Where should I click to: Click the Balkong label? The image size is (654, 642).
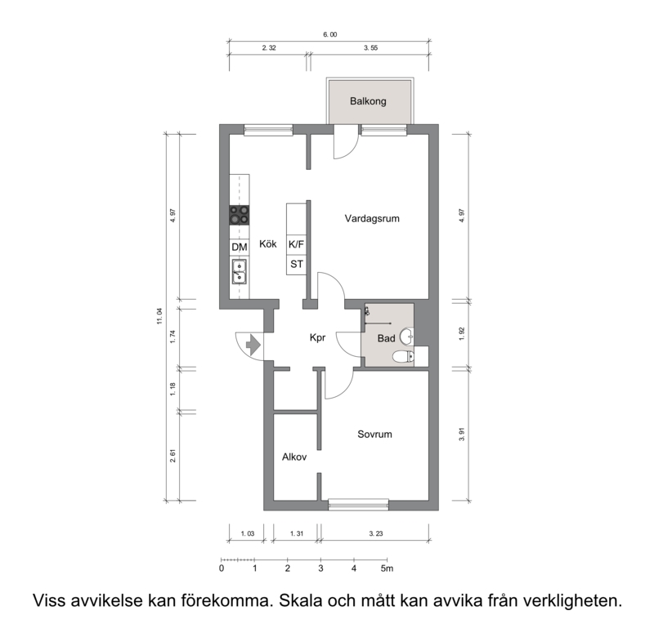pos(368,101)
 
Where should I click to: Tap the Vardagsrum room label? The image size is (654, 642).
pos(372,218)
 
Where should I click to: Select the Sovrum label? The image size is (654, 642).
pos(374,434)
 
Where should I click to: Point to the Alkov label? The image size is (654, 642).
pos(294,457)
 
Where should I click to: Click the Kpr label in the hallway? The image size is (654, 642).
pos(317,337)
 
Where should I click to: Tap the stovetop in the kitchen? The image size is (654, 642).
pos(240,216)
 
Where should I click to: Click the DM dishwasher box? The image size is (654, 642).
pos(240,247)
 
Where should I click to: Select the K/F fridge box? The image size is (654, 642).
pos(296,244)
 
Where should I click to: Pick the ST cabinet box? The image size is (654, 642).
pos(296,264)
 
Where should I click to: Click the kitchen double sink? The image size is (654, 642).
pos(239,272)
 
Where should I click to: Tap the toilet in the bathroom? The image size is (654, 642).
pos(403,357)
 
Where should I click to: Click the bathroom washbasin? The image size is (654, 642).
pos(407,337)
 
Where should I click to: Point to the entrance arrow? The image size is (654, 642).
pos(253,345)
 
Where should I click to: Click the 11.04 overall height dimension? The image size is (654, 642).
pos(159,316)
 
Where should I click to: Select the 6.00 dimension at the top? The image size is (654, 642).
pos(330,34)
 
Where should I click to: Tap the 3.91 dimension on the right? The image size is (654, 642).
pos(462,435)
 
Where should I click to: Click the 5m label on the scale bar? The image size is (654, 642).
pos(387,568)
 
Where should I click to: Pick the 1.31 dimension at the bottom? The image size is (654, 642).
pos(297,533)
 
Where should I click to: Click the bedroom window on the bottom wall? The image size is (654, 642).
pos(358,505)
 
